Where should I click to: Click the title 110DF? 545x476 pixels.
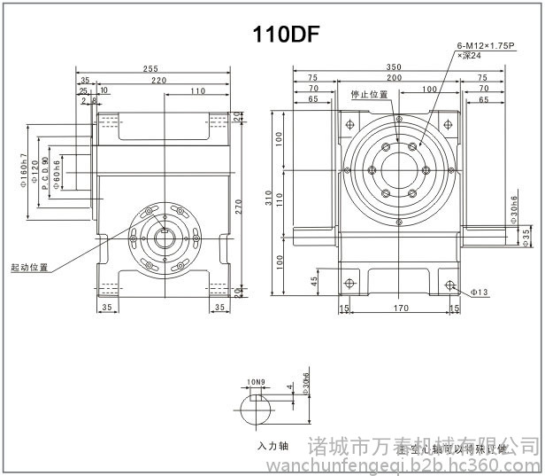pyautogui.click(x=285, y=35)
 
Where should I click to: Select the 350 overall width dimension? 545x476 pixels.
pyautogui.click(x=395, y=68)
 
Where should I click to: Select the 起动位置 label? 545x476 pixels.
pyautogui.click(x=29, y=267)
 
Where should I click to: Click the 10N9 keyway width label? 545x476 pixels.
pyautogui.click(x=256, y=382)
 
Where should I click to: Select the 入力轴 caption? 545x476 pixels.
pyautogui.click(x=273, y=446)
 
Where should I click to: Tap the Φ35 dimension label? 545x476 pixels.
pyautogui.click(x=526, y=235)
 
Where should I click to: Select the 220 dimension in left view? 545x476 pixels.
pyautogui.click(x=158, y=80)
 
